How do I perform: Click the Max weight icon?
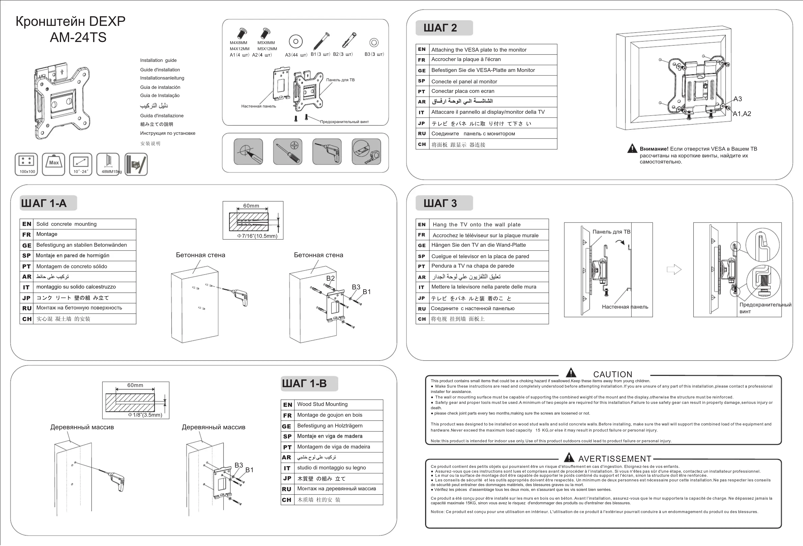(54, 164)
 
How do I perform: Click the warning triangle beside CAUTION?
(571, 373)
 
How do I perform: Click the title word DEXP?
(107, 21)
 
